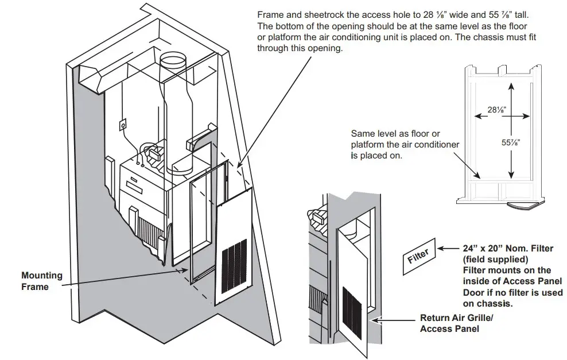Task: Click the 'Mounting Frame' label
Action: tap(41, 281)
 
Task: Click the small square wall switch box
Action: tap(123, 124)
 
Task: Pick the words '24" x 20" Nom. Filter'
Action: tap(508, 249)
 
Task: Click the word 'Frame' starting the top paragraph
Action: tap(270, 16)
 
